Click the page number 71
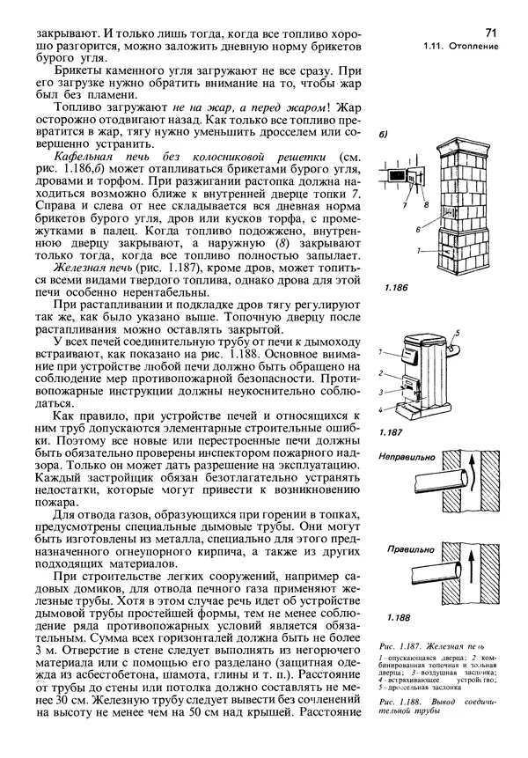(x=490, y=33)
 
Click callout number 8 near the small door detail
(x=426, y=204)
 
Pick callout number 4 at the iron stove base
(x=383, y=409)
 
